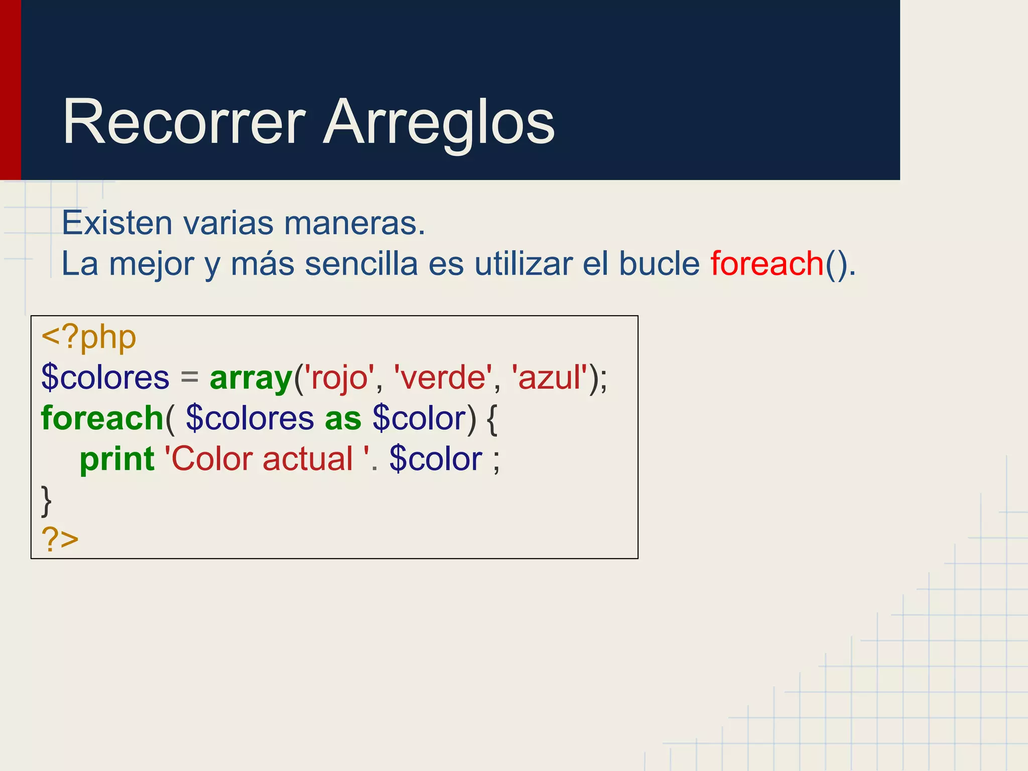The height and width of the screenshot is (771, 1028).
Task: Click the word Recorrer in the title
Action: pos(184,122)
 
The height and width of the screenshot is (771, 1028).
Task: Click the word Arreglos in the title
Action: pos(439,122)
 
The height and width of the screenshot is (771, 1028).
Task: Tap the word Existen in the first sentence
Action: pos(116,223)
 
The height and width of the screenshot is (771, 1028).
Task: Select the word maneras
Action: pos(354,223)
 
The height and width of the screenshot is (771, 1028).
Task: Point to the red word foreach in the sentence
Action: pos(767,264)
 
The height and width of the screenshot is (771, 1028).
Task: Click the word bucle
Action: pos(659,264)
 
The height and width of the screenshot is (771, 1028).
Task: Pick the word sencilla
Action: pos(361,264)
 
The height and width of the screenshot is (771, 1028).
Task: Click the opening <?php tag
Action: pos(89,337)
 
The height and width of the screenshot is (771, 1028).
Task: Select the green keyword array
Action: pos(251,378)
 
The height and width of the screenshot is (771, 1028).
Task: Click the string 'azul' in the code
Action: pos(549,378)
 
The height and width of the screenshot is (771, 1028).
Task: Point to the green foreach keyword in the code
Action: pos(102,418)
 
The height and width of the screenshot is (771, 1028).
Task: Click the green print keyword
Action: pos(117,459)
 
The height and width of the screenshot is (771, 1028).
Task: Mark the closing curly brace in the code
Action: pos(46,500)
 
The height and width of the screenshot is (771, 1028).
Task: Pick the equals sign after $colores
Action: pos(189,378)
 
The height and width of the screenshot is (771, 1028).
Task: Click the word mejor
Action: pos(152,265)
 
